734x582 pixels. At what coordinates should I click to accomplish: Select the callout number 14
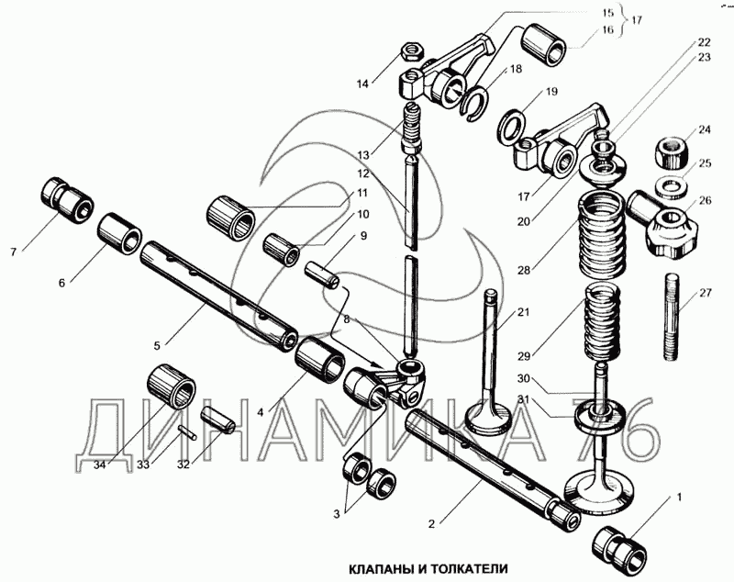click(363, 84)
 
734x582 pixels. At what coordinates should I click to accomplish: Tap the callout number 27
click(705, 294)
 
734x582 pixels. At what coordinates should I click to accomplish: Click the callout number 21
click(522, 313)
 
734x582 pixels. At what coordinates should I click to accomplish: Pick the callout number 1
click(679, 497)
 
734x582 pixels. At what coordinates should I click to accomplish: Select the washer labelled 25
click(672, 185)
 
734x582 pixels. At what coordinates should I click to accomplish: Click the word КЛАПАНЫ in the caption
click(379, 568)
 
